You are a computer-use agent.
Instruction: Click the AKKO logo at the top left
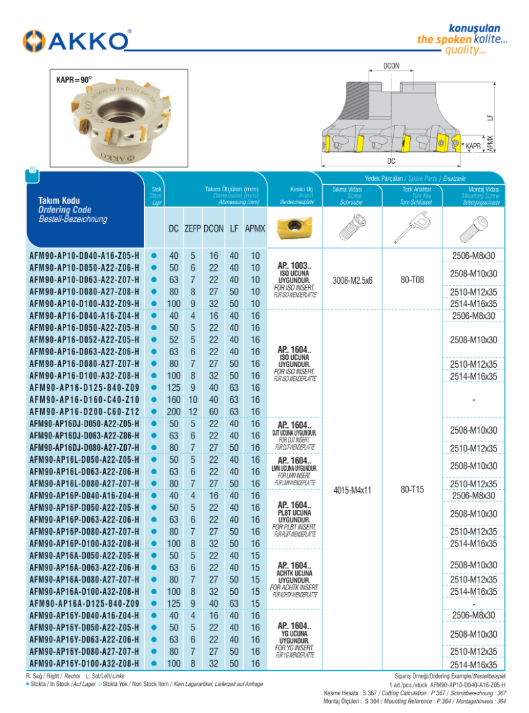[76, 40]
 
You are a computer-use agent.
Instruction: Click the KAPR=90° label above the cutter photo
[73, 79]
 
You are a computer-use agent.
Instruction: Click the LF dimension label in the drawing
[489, 117]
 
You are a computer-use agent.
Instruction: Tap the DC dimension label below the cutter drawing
[392, 161]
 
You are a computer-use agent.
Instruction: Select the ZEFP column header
[193, 228]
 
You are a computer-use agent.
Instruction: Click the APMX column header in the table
[255, 228]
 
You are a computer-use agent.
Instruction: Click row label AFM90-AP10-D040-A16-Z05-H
[85, 255]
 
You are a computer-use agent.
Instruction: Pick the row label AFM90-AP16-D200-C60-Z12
[85, 411]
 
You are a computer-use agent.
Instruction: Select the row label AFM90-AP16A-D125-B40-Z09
[85, 603]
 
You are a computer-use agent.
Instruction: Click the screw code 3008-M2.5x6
[353, 280]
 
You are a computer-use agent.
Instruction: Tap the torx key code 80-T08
[412, 280]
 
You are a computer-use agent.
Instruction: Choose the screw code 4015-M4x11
[353, 490]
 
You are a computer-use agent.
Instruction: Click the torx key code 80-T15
[412, 490]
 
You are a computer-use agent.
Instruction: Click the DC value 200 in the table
[174, 411]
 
